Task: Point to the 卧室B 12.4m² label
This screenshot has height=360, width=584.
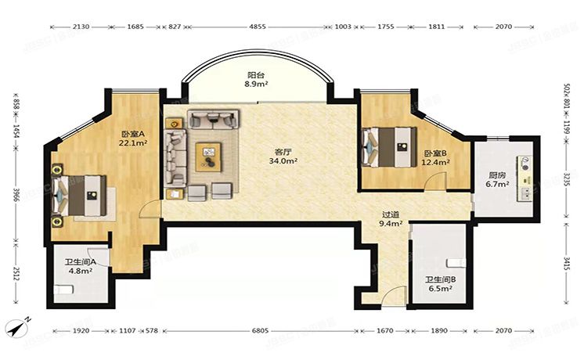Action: tap(435, 157)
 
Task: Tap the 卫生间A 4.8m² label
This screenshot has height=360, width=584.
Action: tap(79, 267)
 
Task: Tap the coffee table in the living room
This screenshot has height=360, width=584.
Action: tap(210, 153)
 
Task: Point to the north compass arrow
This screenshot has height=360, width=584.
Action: tap(18, 324)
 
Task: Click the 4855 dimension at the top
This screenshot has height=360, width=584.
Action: tap(258, 27)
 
